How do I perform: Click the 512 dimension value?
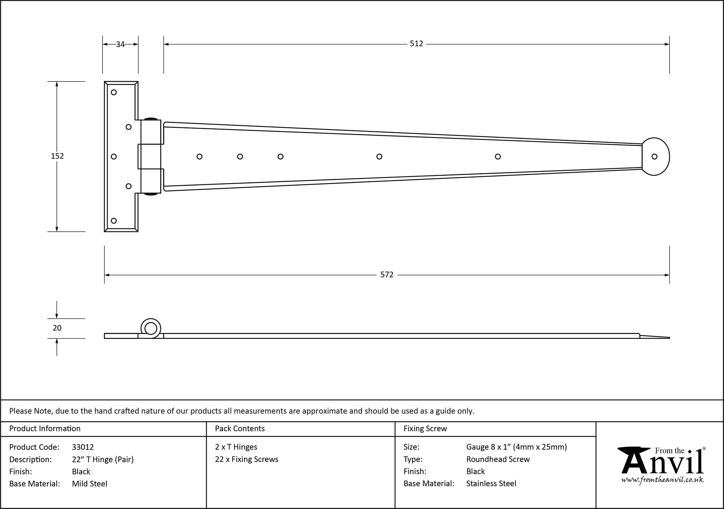pos(416,44)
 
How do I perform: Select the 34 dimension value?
pos(120,44)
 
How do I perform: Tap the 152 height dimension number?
pos(57,156)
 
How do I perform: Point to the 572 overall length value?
pos(387,275)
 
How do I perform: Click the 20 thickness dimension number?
pos(57,328)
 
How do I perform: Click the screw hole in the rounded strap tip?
pos(654,157)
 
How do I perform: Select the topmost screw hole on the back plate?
pos(114,92)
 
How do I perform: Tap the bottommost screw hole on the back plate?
pos(114,221)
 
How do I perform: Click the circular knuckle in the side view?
pos(151,329)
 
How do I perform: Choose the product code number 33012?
pos(83,447)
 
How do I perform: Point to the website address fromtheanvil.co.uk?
pos(662,480)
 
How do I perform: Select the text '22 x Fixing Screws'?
pos(247,459)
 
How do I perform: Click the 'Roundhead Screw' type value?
pos(498,459)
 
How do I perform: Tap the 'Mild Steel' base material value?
pos(89,484)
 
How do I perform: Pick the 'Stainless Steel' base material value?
pos(491,484)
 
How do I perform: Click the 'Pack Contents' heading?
pos(240,429)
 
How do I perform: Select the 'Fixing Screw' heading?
pos(425,429)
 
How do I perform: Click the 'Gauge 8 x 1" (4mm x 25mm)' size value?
pos(517,447)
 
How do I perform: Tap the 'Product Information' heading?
pos(45,429)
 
